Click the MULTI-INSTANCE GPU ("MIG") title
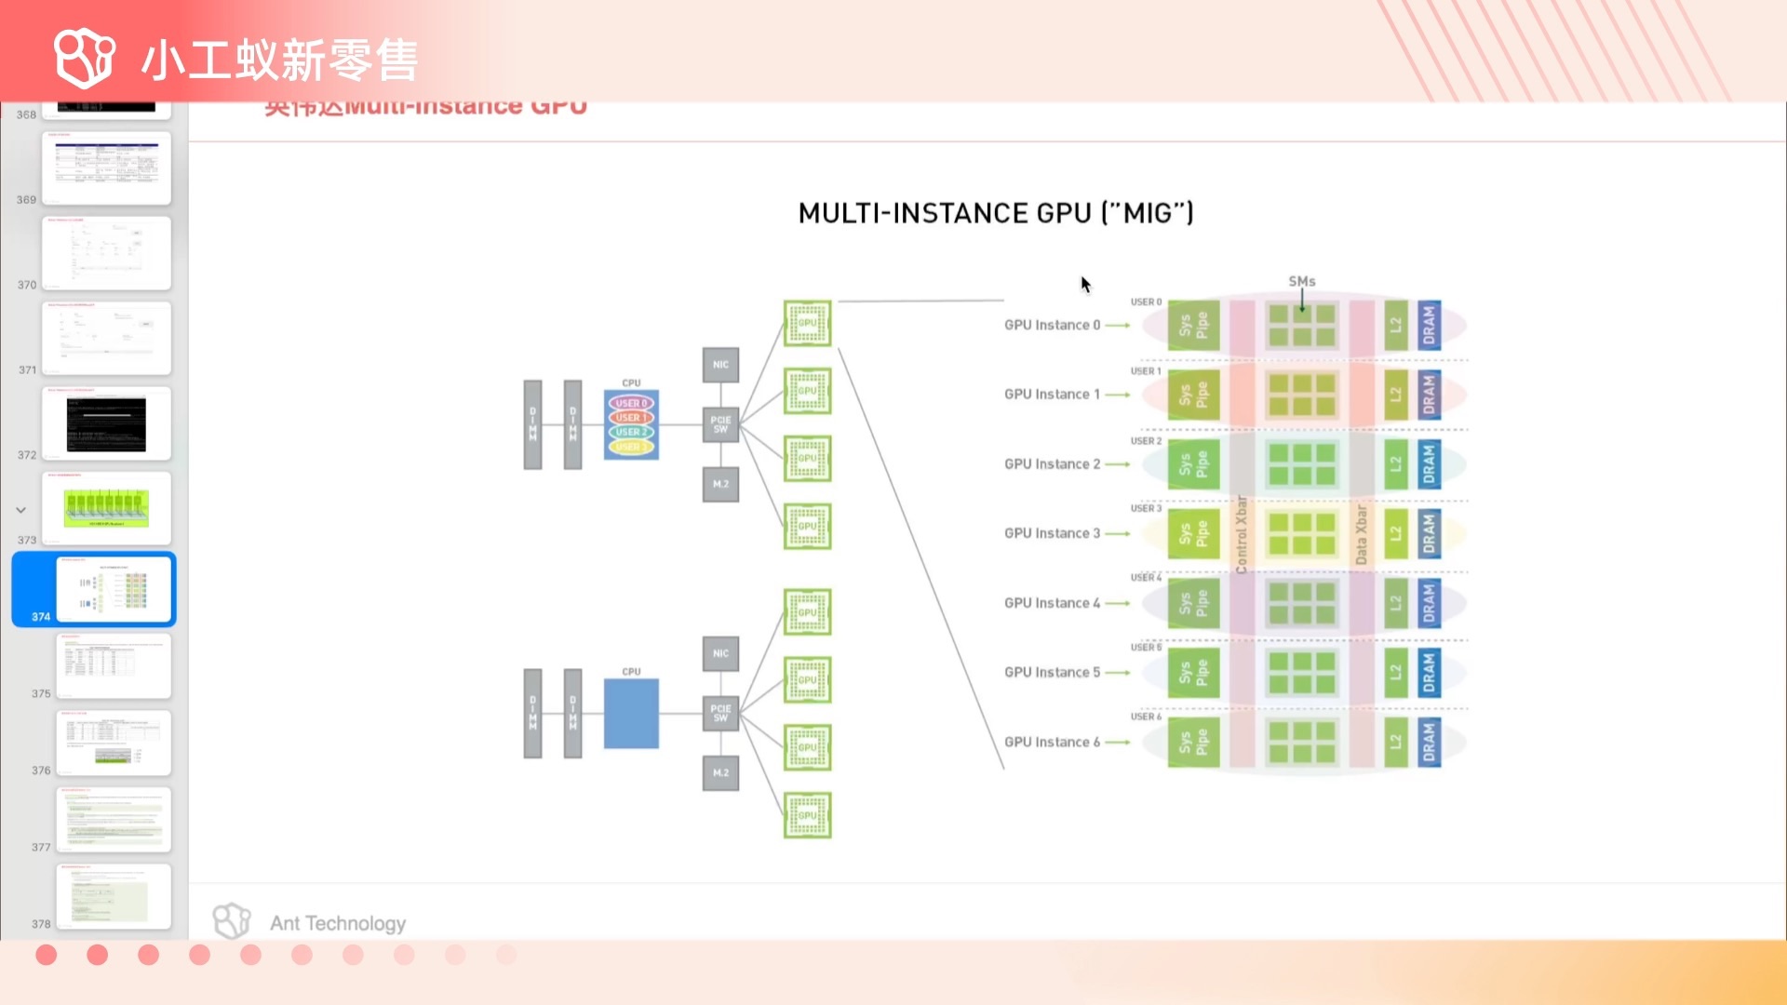pos(995,213)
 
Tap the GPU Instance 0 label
pos(1052,325)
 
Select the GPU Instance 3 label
pos(1052,533)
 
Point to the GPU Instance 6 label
pos(1052,742)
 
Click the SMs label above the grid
pos(1301,281)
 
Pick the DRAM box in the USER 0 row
pos(1429,325)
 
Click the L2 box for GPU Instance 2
pos(1395,463)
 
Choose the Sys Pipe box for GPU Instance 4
pos(1193,603)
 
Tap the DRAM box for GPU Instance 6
pos(1429,742)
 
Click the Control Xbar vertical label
pos(1242,533)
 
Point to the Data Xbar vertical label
pos(1362,534)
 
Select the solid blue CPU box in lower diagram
pos(631,714)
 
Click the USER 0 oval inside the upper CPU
pos(631,403)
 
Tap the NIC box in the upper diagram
pos(720,365)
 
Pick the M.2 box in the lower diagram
pos(720,773)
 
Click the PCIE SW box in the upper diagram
pos(720,424)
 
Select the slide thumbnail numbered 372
pos(106,423)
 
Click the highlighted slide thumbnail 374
pos(114,589)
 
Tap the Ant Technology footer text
pos(338,923)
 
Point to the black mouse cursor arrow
pos(1085,284)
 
